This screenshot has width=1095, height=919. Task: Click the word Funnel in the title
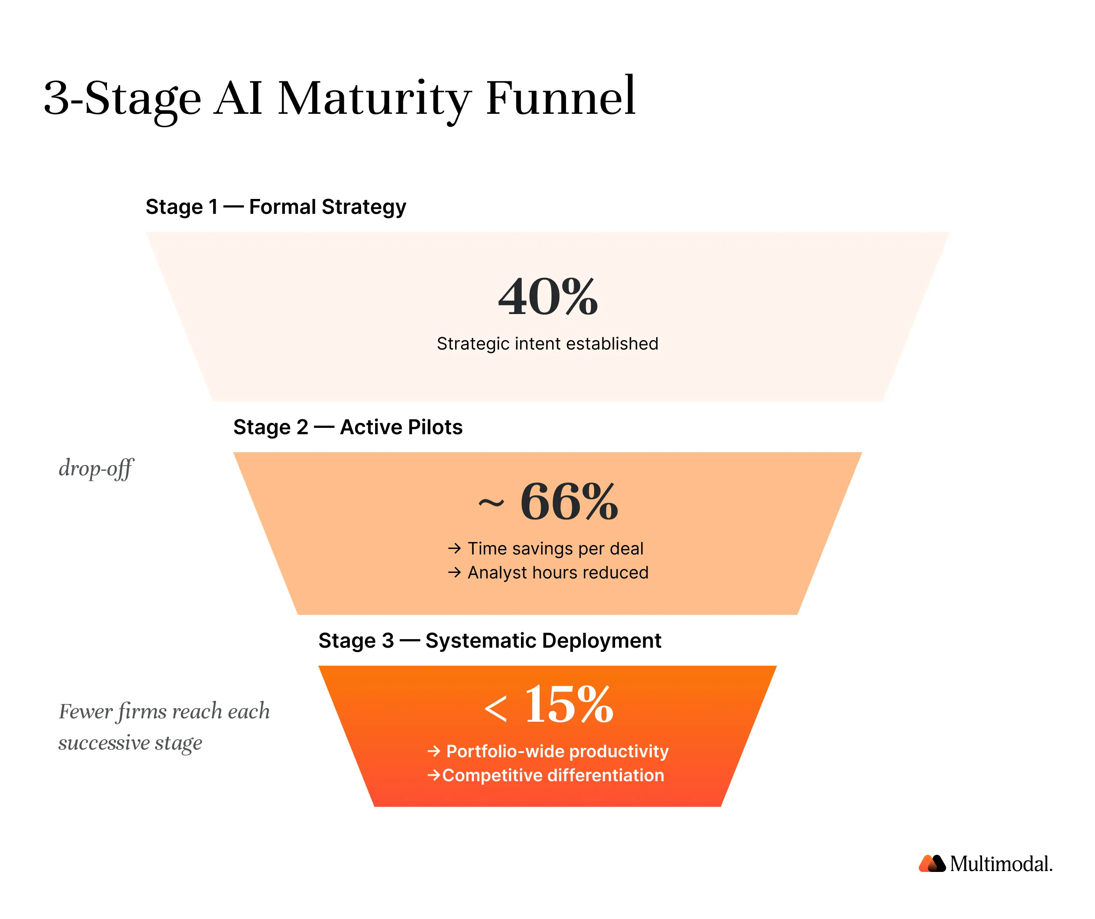pyautogui.click(x=560, y=98)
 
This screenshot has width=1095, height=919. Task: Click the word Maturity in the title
pyautogui.click(x=373, y=99)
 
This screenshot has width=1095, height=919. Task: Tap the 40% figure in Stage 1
pyautogui.click(x=548, y=297)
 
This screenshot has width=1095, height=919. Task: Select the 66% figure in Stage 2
pyautogui.click(x=569, y=502)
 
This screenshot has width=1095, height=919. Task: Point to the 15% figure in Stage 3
pyautogui.click(x=569, y=705)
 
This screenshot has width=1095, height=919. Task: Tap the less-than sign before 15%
pyautogui.click(x=495, y=709)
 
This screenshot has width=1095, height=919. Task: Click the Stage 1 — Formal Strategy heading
pyautogui.click(x=275, y=207)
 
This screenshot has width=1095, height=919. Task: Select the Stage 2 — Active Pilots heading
pyautogui.click(x=348, y=427)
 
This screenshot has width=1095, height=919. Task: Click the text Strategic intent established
pyautogui.click(x=547, y=344)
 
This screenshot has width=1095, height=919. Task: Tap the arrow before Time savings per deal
pyautogui.click(x=454, y=548)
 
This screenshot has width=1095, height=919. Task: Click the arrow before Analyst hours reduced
pyautogui.click(x=454, y=573)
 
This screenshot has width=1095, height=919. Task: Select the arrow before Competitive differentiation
pyautogui.click(x=434, y=775)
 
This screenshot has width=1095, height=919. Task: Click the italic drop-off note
pyautogui.click(x=96, y=468)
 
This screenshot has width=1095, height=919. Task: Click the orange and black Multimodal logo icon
pyautogui.click(x=932, y=864)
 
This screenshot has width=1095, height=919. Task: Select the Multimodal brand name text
pyautogui.click(x=1001, y=864)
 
